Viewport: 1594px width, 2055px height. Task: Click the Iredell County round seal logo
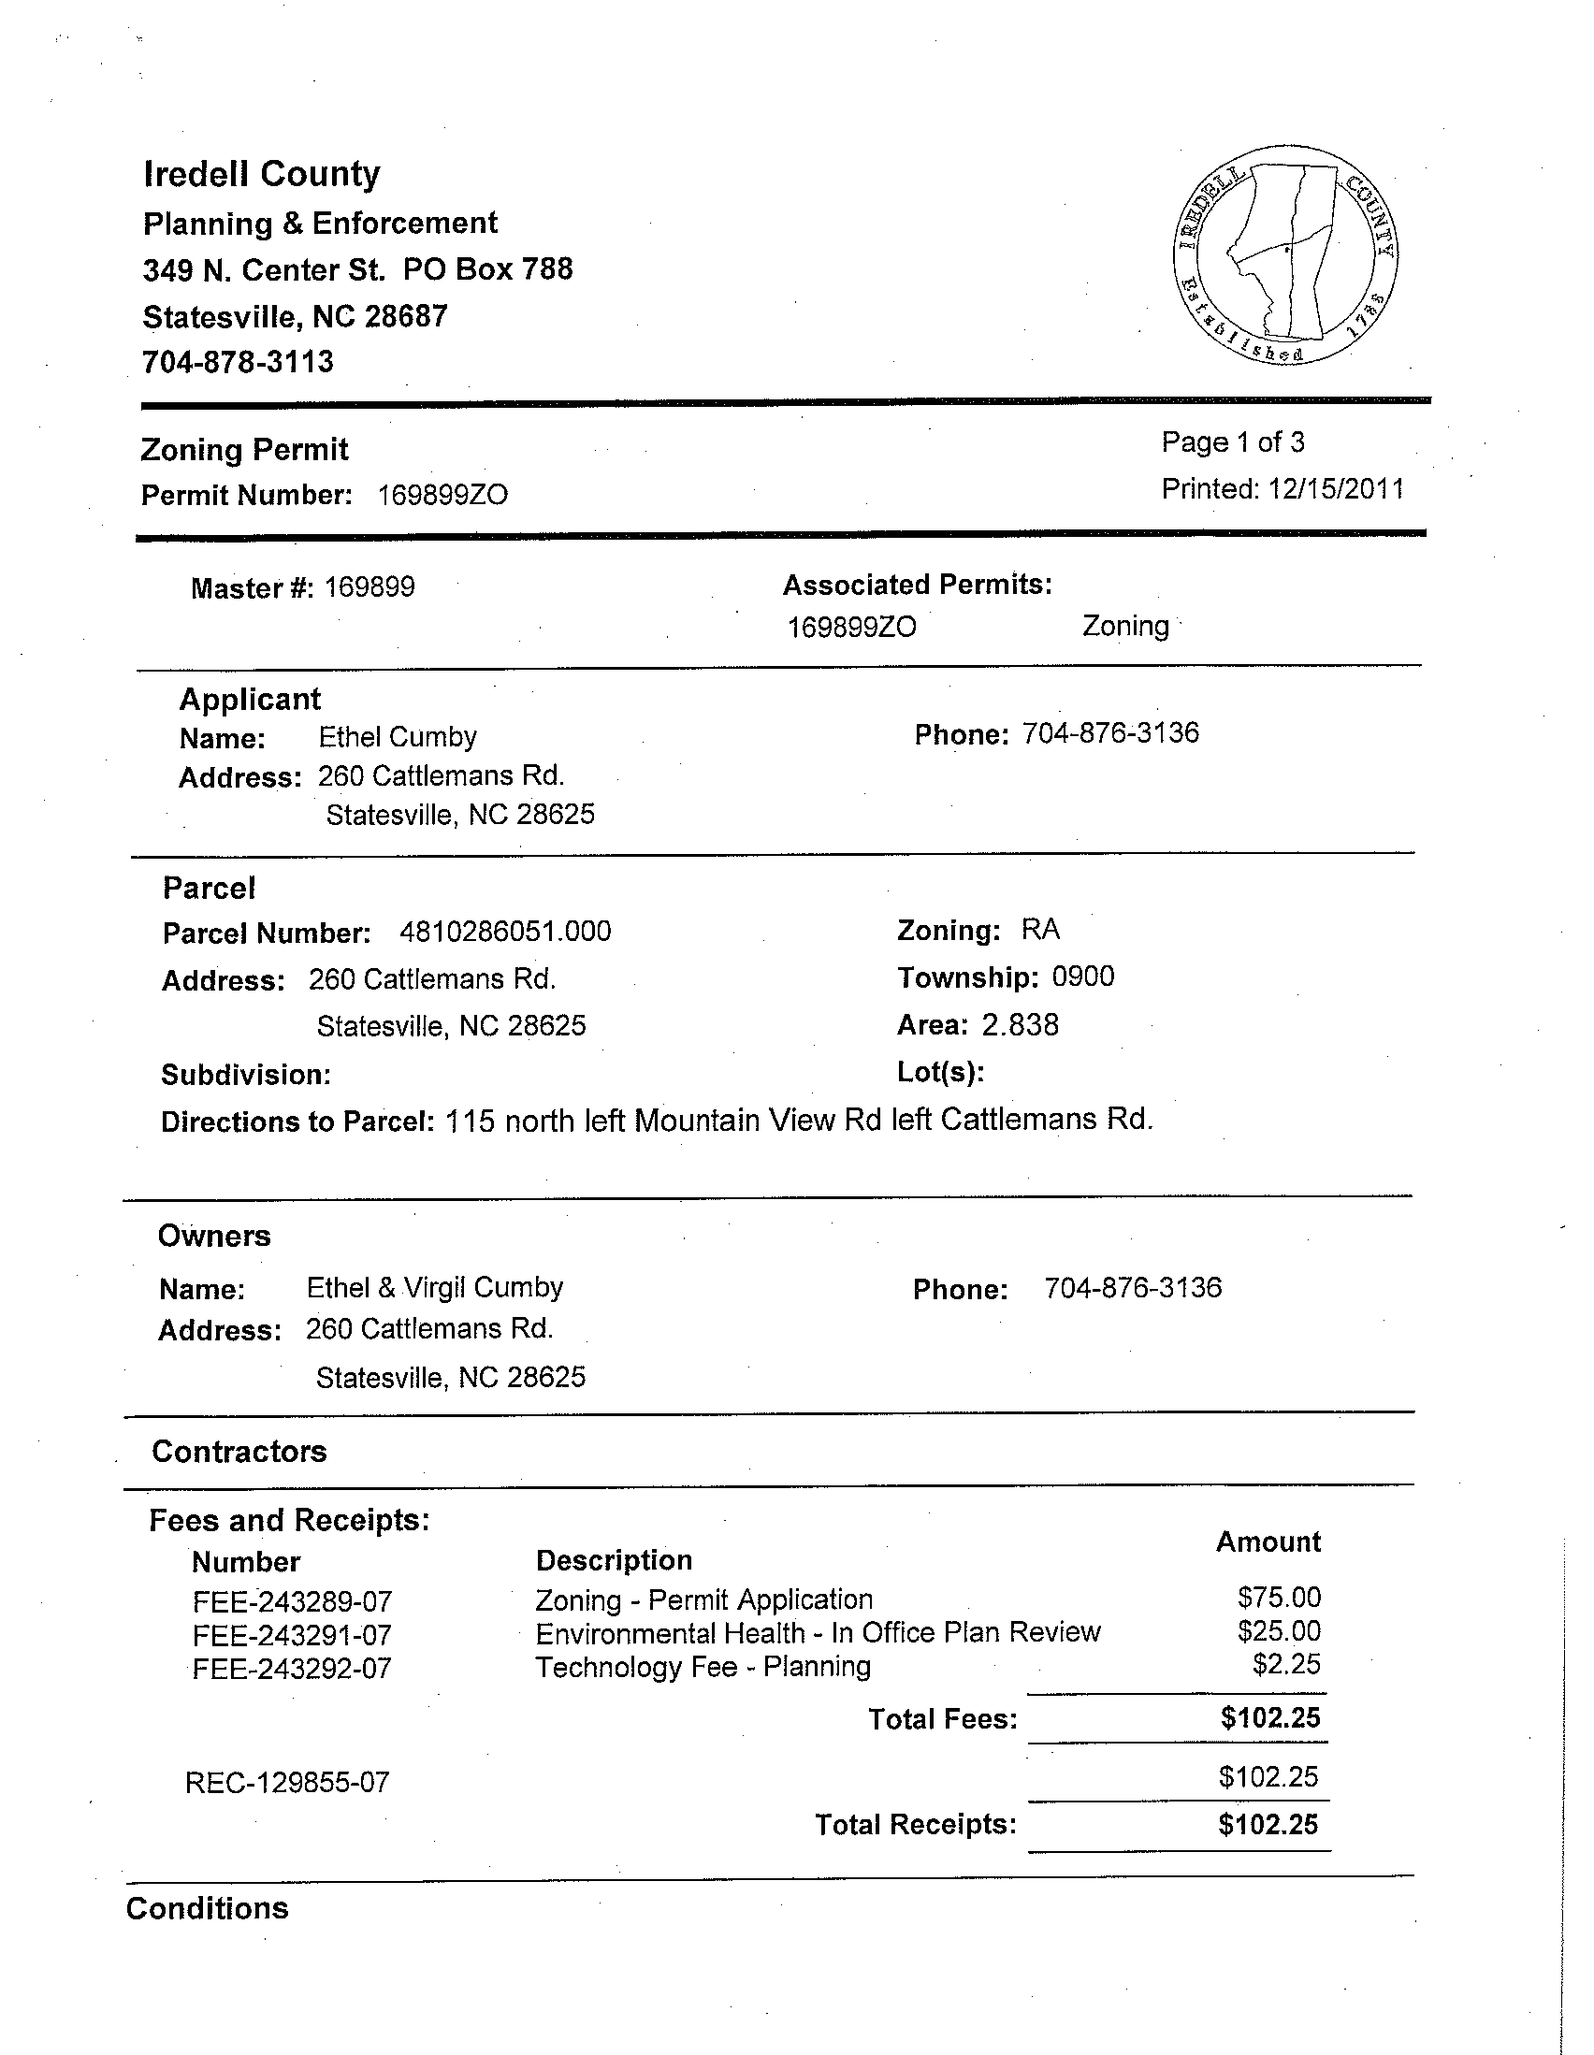pos(1285,255)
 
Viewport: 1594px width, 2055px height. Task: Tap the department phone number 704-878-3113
pos(238,362)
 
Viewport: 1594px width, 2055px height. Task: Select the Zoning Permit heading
pos(245,450)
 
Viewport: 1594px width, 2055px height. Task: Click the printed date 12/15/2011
pos(1335,489)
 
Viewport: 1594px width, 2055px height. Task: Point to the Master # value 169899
pos(370,587)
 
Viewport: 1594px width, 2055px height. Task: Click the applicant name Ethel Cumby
pos(397,737)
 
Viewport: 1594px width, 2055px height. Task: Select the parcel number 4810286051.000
pos(505,932)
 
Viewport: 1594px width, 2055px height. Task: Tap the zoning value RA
pos(1041,930)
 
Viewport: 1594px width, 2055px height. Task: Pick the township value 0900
pos(1083,977)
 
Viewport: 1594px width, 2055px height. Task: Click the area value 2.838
pos(1020,1024)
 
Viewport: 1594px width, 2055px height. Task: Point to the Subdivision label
pos(246,1075)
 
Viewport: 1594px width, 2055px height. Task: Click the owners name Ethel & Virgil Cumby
pos(435,1287)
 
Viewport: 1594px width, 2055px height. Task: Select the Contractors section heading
pos(239,1451)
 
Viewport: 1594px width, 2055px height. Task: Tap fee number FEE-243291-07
pos(292,1635)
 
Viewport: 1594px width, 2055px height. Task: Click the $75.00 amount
pos(1279,1597)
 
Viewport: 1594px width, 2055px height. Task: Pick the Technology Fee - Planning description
pos(703,1667)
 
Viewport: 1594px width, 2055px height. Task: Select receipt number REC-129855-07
pos(287,1782)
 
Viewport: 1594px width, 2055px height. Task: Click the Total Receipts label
pos(915,1825)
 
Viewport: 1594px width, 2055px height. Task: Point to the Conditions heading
pos(207,1908)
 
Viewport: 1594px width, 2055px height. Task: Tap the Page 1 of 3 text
pos(1233,442)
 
